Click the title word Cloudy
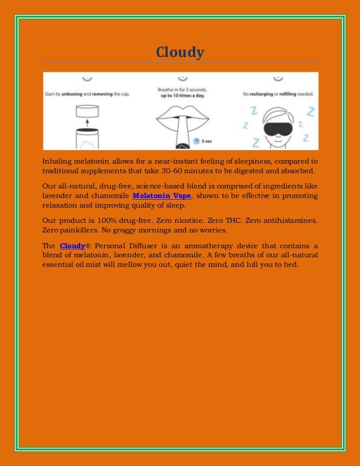[x=180, y=53]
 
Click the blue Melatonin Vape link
[x=162, y=196]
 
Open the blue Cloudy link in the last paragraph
[x=72, y=245]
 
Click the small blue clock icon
[x=195, y=140]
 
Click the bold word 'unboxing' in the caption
[x=71, y=94]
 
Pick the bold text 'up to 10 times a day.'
[x=182, y=96]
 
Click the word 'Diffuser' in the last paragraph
[x=143, y=245]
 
